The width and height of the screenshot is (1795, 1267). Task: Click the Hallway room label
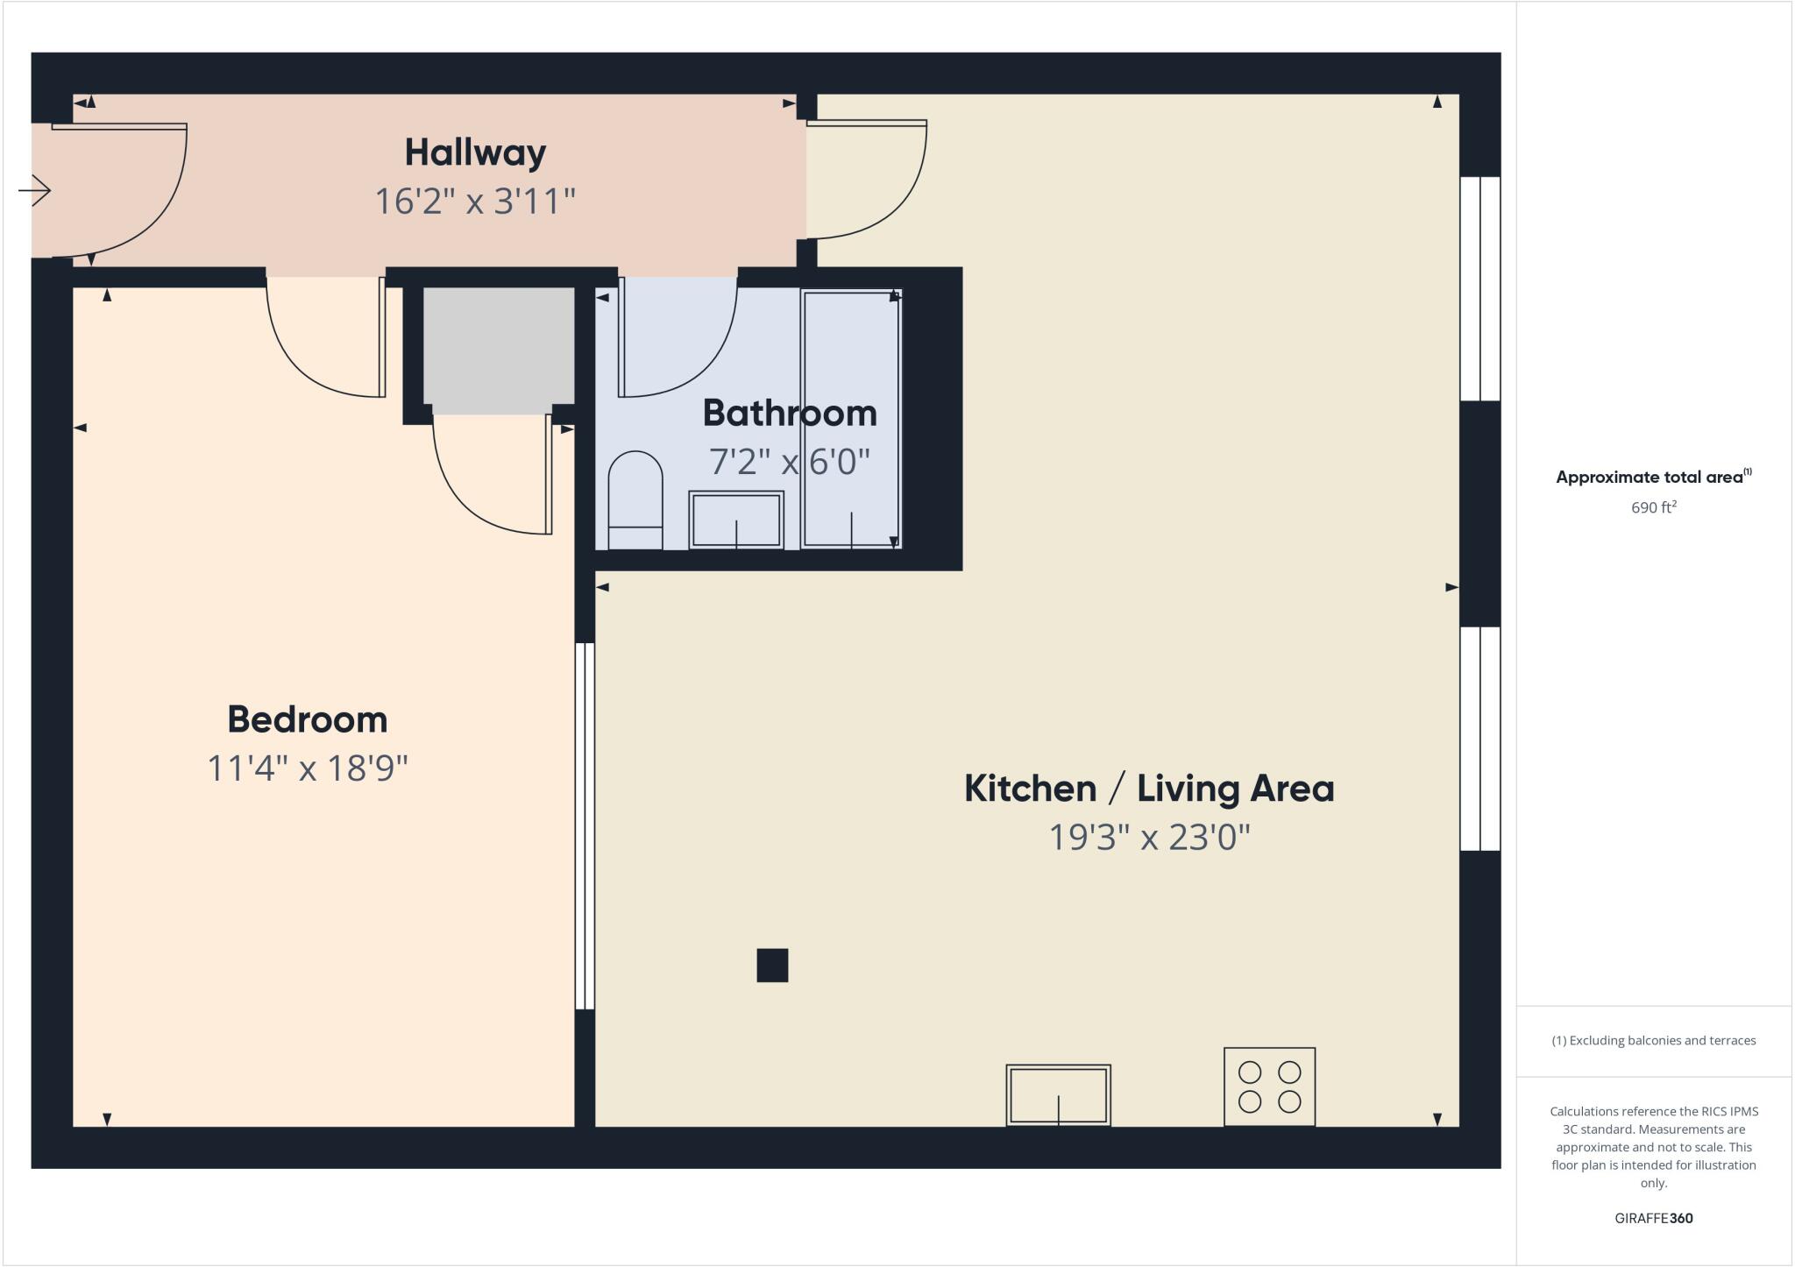point(475,152)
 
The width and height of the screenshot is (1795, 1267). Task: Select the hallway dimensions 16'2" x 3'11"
point(475,202)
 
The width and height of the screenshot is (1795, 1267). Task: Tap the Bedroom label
point(307,719)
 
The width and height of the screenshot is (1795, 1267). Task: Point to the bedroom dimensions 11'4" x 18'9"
point(307,768)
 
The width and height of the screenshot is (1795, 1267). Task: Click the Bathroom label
point(789,413)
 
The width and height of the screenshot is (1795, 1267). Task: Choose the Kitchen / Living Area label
point(1148,788)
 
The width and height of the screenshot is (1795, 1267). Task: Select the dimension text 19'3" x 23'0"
point(1148,837)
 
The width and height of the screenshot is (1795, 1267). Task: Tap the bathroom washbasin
point(736,520)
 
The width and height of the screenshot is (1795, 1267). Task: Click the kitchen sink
point(1058,1094)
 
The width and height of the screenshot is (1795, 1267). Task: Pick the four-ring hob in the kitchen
point(1269,1087)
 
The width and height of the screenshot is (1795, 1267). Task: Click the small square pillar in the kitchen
point(772,965)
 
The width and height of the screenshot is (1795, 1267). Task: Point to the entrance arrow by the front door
point(35,190)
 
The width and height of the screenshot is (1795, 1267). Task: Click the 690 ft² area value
point(1653,507)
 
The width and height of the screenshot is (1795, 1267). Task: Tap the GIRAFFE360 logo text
point(1653,1218)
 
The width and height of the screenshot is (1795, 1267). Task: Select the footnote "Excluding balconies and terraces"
point(1653,1041)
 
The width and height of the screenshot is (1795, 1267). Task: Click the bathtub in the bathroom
point(851,419)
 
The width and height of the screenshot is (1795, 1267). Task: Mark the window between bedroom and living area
point(585,825)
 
